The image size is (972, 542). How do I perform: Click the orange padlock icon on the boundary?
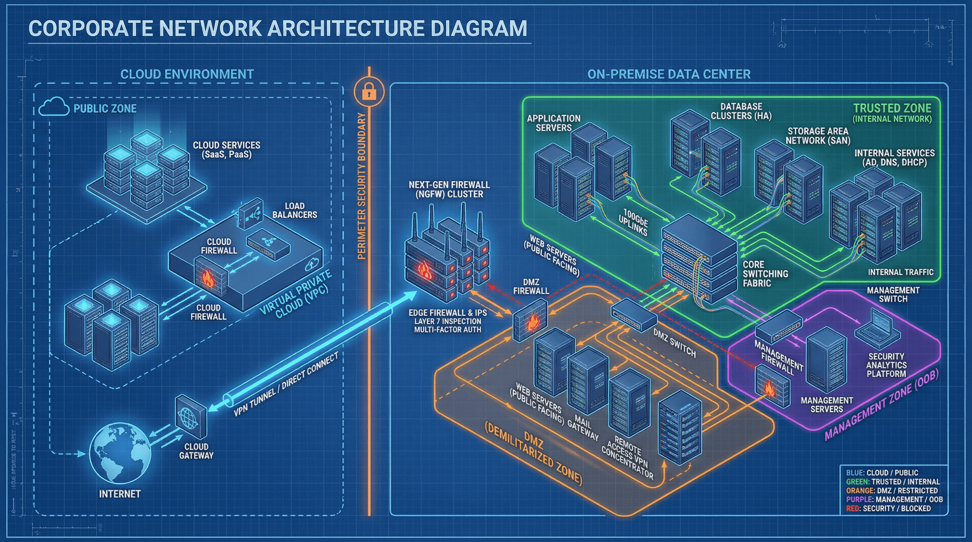tap(369, 92)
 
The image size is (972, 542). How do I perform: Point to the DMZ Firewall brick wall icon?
tap(530, 321)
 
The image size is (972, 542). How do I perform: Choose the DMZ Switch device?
tap(634, 314)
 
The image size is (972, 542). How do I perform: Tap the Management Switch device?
tap(779, 325)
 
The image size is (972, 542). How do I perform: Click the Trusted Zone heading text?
tap(892, 109)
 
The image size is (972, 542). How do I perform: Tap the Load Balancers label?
tap(295, 210)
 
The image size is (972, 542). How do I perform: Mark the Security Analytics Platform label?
tap(886, 365)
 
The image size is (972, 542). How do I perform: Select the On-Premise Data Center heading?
tap(669, 74)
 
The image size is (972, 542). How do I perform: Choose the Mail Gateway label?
tap(583, 427)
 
